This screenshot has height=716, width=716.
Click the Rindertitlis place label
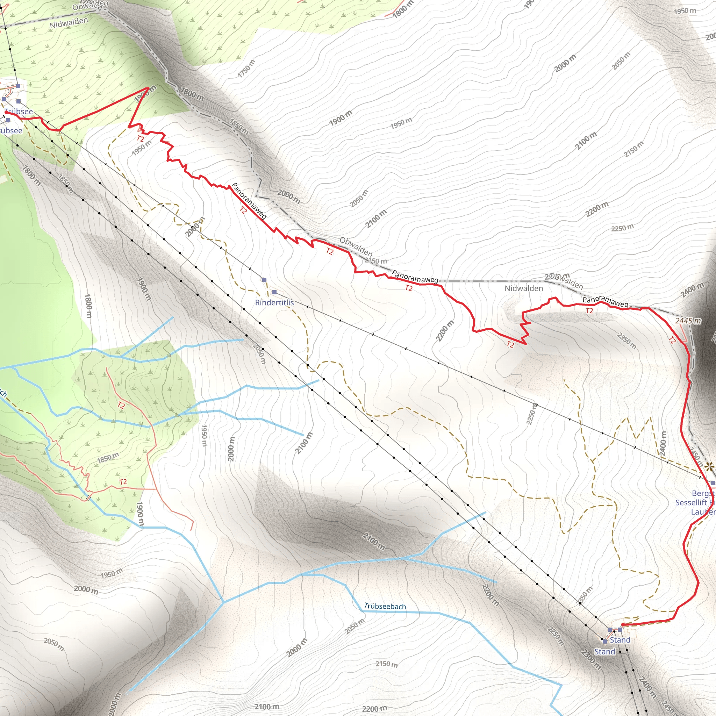tap(274, 302)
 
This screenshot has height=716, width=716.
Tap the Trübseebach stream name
tap(385, 606)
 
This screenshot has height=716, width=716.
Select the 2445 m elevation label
tap(688, 321)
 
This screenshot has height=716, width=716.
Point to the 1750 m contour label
tap(246, 68)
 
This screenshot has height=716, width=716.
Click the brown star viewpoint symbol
tap(709, 466)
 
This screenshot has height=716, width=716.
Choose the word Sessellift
tap(692, 502)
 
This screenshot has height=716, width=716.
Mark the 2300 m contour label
tap(591, 659)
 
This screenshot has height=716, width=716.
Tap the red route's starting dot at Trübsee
tap(6, 112)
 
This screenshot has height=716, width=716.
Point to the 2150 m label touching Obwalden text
tap(377, 261)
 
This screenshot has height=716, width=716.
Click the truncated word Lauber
tap(703, 512)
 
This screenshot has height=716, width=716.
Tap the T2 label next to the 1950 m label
tap(140, 138)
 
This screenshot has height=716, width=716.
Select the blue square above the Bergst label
tap(712, 483)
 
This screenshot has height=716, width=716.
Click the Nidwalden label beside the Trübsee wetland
tap(69, 23)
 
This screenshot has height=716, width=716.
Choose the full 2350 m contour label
tap(627, 340)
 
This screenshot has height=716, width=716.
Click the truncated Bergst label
tap(703, 493)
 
